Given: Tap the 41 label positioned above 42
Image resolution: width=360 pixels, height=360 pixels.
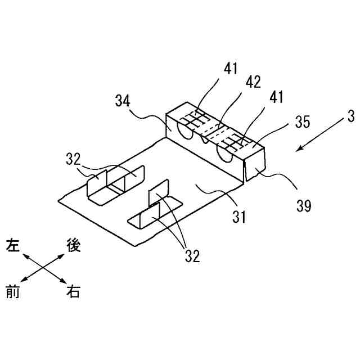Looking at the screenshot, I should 231,69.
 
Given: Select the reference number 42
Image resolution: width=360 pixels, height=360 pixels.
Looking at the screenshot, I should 253,82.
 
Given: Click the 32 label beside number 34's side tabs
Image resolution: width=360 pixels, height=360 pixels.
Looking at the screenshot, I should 74,159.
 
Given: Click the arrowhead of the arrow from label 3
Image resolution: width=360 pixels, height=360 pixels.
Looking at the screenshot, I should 299,150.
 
